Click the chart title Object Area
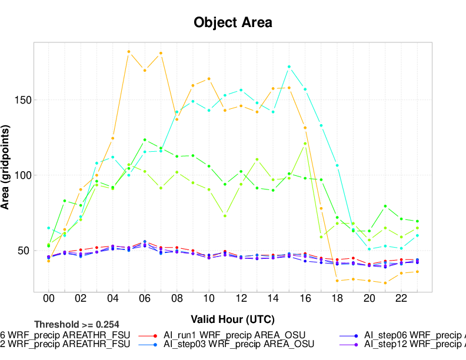233,23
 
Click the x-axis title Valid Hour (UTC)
233,319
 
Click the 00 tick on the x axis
48,299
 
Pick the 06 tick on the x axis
145,299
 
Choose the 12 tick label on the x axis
241,299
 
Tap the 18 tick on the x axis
337,299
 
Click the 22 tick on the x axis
401,299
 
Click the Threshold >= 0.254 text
76,324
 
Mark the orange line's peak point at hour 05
129,52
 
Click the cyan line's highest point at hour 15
289,67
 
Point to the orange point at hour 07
161,53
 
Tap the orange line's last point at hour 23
417,271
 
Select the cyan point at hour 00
48,228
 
